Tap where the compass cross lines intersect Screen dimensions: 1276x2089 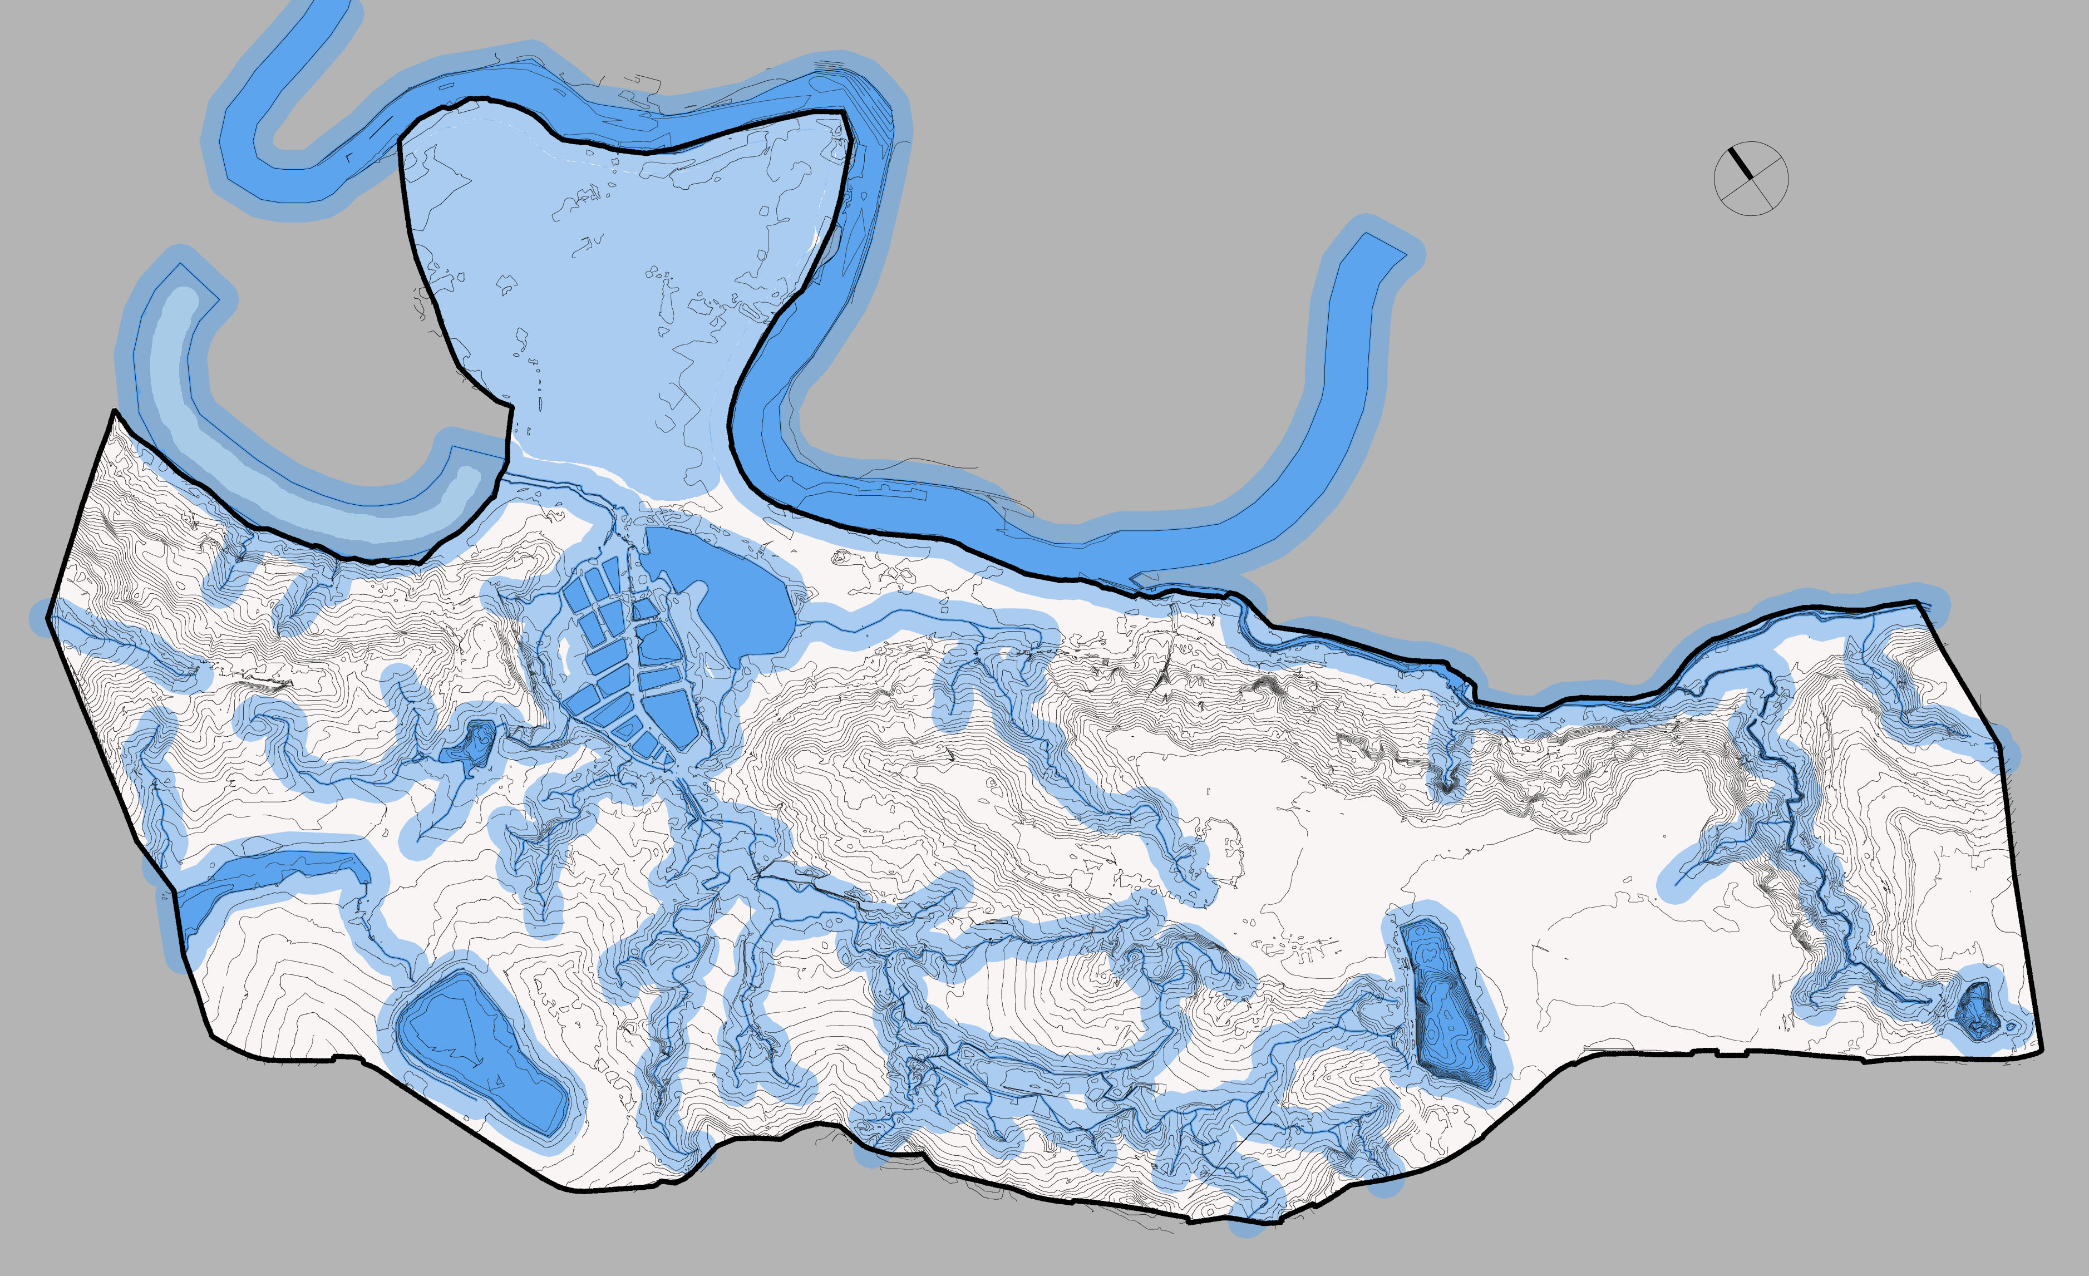point(1751,178)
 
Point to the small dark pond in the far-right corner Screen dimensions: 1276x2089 point(1977,1011)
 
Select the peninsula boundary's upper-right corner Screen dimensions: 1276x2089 point(844,111)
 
